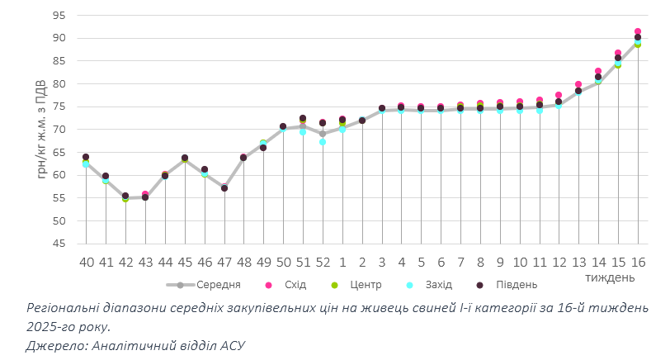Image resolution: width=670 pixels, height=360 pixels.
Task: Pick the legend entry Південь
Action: click(516, 285)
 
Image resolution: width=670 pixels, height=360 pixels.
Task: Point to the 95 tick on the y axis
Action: click(59, 16)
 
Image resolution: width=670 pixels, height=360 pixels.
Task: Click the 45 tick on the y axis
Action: click(59, 244)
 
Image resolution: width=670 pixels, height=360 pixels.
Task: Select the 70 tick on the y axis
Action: click(59, 130)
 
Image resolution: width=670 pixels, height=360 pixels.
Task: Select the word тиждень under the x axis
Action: click(610, 277)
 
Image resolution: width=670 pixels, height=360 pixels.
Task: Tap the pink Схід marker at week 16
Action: click(638, 31)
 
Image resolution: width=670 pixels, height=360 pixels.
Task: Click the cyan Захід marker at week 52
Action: click(323, 142)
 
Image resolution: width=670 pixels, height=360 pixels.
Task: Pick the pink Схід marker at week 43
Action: click(145, 194)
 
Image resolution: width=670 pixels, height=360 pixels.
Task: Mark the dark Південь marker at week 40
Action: click(86, 157)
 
